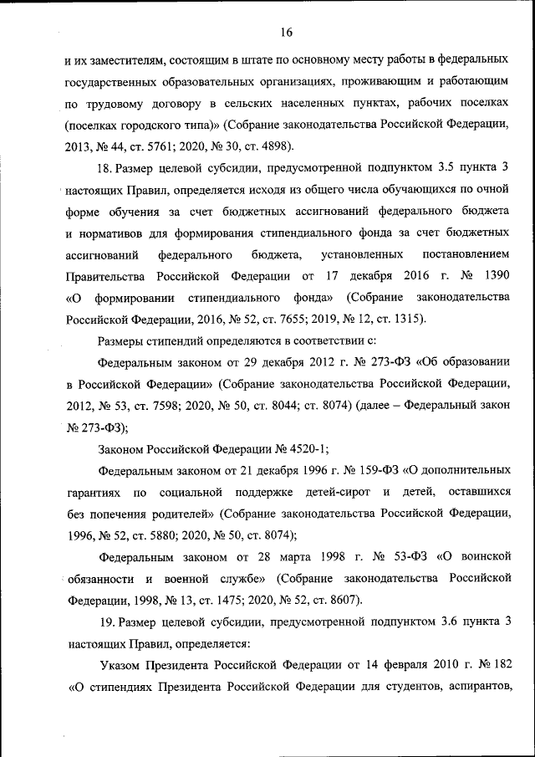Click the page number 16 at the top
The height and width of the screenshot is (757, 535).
286,33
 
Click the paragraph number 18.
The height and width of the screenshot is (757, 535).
105,170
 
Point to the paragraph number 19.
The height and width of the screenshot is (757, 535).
105,622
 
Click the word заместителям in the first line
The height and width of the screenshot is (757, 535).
120,60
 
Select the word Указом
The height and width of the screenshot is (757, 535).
124,666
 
